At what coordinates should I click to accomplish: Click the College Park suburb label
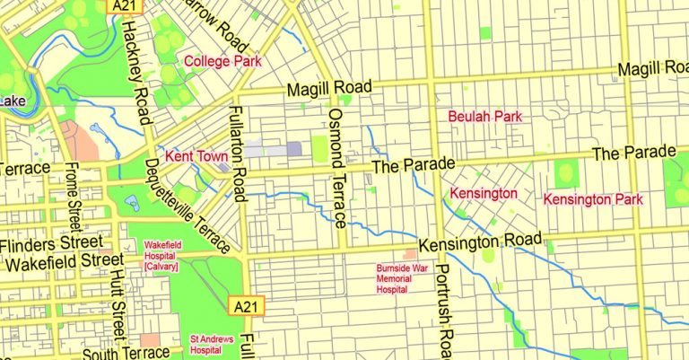point(222,62)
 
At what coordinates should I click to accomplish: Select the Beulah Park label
point(484,116)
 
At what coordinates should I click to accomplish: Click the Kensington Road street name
point(481,242)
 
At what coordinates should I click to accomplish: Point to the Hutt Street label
point(117,305)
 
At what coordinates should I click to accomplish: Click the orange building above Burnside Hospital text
point(409,256)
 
